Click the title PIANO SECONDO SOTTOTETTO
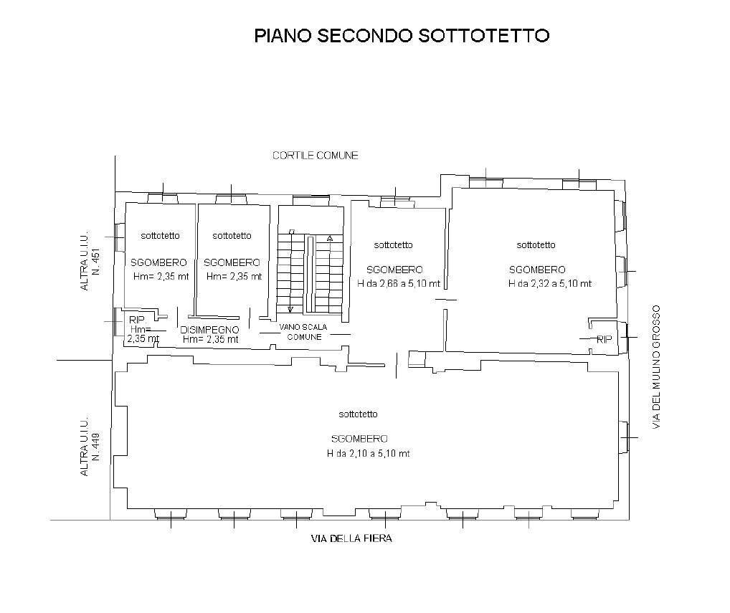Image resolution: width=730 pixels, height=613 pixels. [402, 36]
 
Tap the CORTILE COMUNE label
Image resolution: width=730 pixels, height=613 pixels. [315, 156]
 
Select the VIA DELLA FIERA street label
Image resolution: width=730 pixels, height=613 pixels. [351, 538]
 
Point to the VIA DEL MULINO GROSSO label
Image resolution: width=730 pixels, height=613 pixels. [655, 368]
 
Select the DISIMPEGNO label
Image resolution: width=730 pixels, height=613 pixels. [209, 330]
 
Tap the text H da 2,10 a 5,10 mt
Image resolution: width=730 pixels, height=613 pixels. [368, 453]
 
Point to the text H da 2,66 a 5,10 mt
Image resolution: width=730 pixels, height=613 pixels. [399, 283]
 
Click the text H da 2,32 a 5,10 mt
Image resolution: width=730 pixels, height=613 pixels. [550, 283]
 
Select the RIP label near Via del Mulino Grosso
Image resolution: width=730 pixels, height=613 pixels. [605, 340]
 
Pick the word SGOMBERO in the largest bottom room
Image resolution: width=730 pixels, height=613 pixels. [359, 439]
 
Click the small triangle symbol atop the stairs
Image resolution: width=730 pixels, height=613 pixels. [330, 237]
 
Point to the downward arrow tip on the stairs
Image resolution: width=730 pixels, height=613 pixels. [290, 310]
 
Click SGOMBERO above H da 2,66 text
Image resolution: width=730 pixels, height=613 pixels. [394, 270]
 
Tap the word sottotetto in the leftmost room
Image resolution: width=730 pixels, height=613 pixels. [160, 235]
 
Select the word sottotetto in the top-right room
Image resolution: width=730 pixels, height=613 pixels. [536, 244]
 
